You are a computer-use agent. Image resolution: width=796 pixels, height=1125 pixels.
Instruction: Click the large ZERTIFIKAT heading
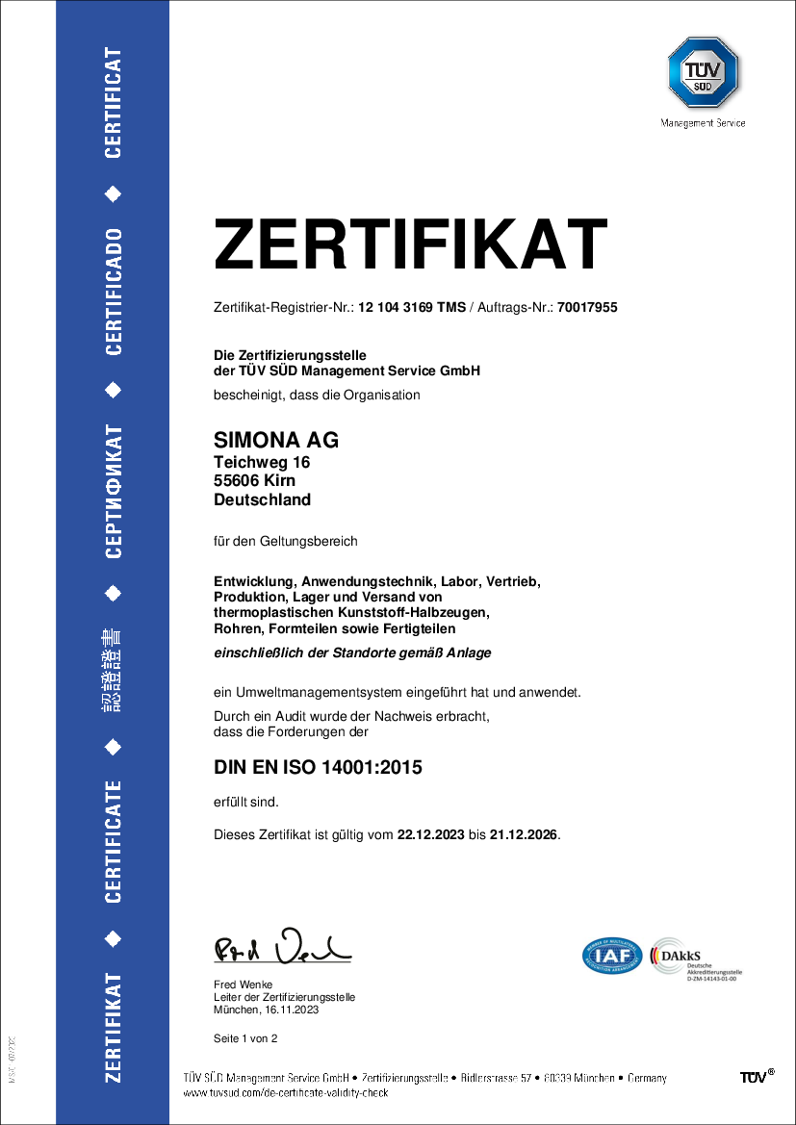tap(411, 245)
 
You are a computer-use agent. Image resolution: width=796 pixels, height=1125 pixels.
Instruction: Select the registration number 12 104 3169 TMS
tap(412, 308)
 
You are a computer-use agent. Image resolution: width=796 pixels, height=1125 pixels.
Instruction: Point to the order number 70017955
tap(586, 308)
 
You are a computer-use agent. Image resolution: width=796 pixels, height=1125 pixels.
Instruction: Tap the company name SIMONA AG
tap(275, 441)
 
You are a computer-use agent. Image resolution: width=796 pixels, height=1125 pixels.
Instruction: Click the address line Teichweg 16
tap(261, 463)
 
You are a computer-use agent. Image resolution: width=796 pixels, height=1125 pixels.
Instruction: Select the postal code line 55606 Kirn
tap(254, 481)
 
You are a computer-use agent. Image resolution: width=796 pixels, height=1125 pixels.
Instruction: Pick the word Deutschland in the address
tap(262, 499)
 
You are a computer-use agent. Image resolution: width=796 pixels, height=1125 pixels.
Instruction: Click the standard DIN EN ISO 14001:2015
tap(318, 767)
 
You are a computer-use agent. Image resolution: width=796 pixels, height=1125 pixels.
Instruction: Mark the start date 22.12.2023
tap(430, 834)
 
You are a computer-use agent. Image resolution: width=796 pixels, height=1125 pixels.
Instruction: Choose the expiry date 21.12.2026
tap(524, 834)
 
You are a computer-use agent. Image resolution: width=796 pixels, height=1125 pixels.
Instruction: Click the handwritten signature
tap(282, 948)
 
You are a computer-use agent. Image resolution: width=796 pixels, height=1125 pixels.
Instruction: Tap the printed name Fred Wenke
tap(243, 984)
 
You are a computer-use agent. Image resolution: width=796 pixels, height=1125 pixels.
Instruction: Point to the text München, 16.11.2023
tap(266, 1010)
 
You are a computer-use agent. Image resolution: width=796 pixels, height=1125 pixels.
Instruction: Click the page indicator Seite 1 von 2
tap(245, 1038)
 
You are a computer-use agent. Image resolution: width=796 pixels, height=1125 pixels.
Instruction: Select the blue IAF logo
tap(612, 955)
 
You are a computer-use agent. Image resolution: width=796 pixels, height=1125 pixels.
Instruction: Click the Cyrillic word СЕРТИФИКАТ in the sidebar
tap(114, 492)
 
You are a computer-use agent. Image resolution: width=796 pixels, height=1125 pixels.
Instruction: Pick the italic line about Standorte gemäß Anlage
tap(352, 652)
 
